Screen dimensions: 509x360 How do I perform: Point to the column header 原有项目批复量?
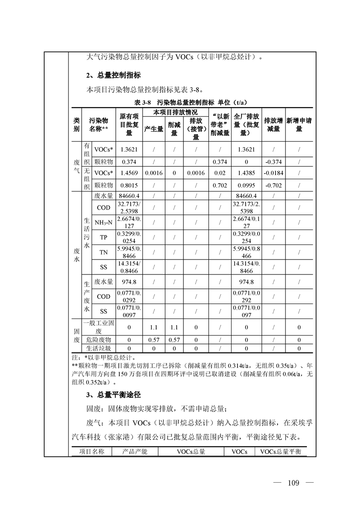pyautogui.click(x=129, y=125)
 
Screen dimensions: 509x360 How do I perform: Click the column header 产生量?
pyautogui.click(x=153, y=129)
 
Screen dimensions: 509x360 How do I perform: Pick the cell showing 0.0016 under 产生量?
pyautogui.click(x=153, y=173)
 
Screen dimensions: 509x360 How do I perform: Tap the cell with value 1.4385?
pyautogui.click(x=247, y=173)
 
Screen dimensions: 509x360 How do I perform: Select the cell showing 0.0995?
pyautogui.click(x=247, y=185)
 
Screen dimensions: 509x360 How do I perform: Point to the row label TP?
pyautogui.click(x=104, y=237)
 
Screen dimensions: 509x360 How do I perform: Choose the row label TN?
pyautogui.click(x=104, y=252)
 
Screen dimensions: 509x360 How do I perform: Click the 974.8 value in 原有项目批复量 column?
pyautogui.click(x=129, y=282)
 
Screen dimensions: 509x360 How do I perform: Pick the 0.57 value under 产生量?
pyautogui.click(x=153, y=340)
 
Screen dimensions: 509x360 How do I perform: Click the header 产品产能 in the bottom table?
pyautogui.click(x=134, y=451)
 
